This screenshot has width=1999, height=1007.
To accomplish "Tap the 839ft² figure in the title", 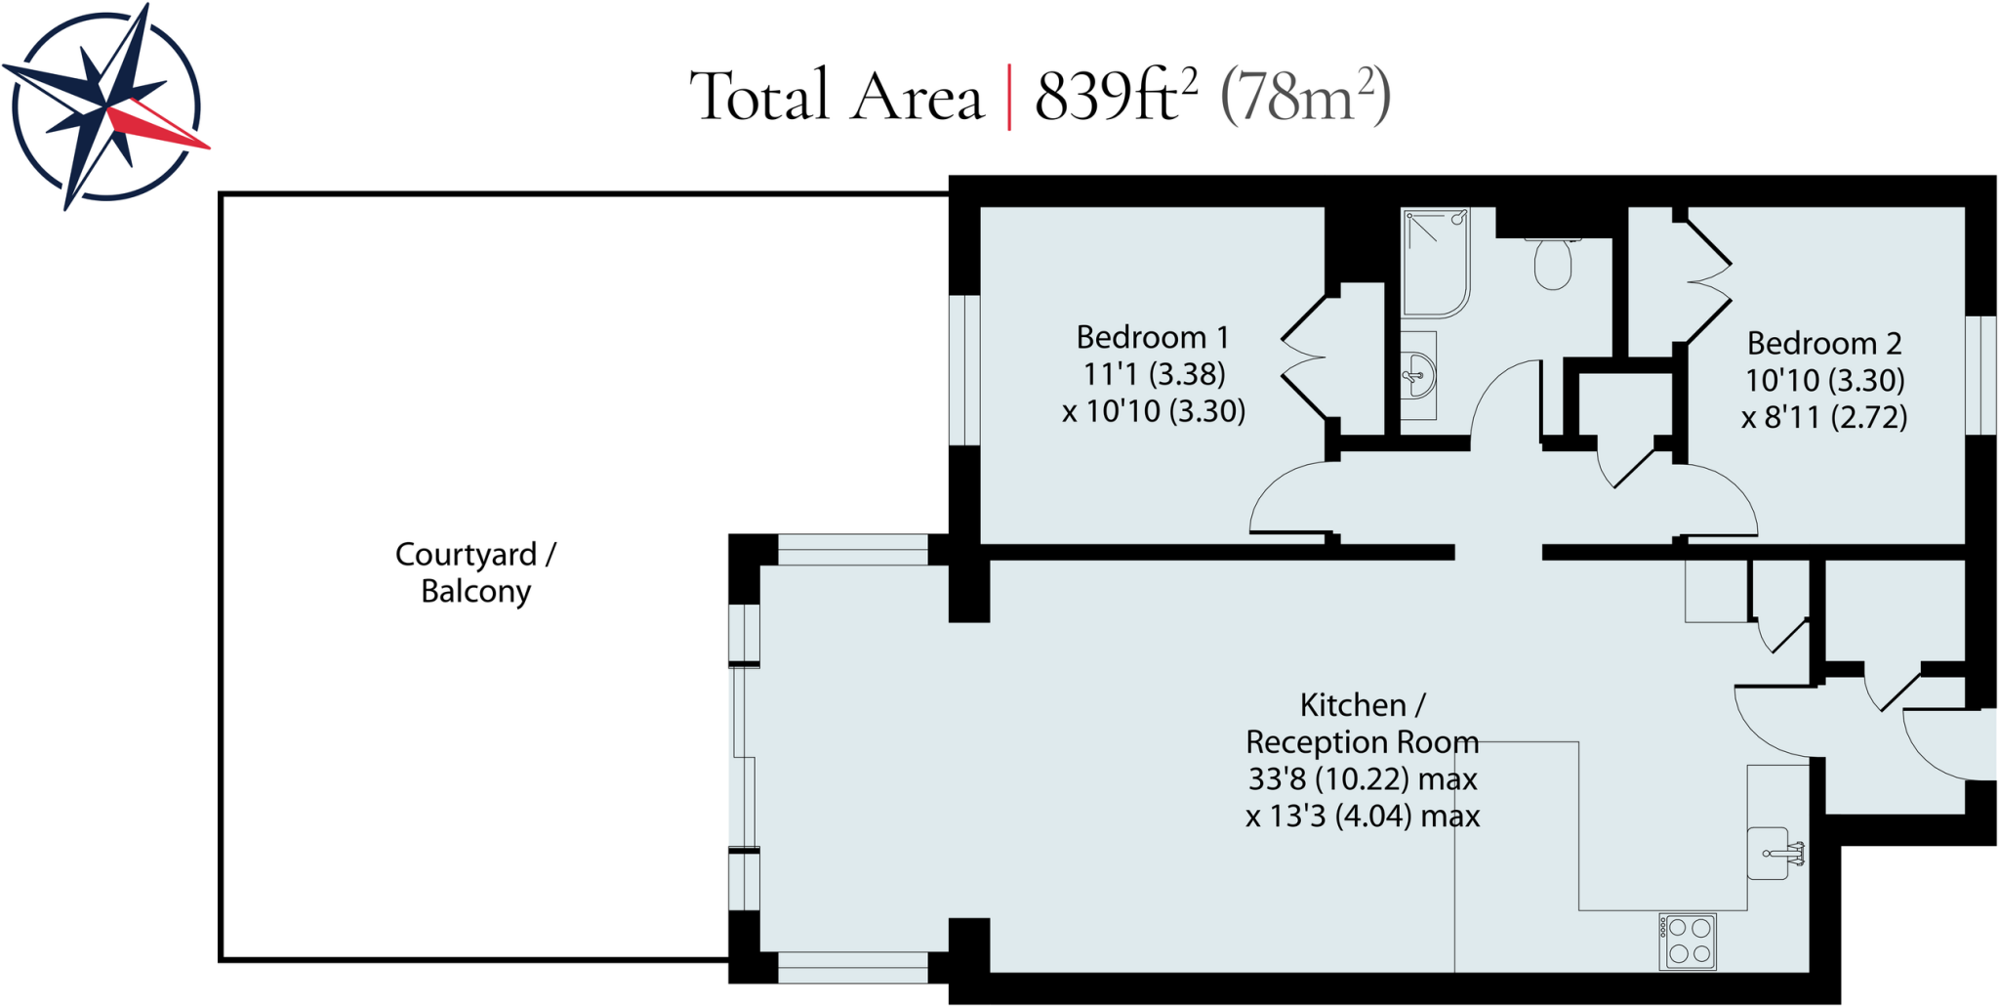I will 1115,96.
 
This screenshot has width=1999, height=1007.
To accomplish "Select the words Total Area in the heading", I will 836,96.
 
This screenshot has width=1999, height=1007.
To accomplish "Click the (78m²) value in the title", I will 1305,96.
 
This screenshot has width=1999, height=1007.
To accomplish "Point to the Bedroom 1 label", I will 1152,338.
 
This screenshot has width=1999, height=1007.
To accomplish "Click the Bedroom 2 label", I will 1823,344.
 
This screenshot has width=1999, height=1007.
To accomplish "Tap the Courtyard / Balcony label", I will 475,572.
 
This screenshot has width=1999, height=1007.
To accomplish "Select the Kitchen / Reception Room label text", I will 1362,724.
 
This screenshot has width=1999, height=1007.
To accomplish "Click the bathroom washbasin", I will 1417,375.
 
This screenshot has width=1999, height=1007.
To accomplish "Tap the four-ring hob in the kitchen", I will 1688,942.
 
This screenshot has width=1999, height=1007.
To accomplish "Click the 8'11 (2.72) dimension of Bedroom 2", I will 1823,418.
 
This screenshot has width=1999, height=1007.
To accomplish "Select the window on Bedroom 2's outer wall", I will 1980,375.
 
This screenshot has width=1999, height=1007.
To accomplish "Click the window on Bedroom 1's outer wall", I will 964,370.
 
